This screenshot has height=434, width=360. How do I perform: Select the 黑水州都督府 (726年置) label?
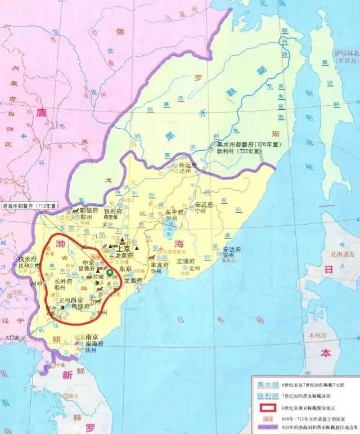pos(249,145)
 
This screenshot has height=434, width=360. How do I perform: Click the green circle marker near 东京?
pos(110,271)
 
